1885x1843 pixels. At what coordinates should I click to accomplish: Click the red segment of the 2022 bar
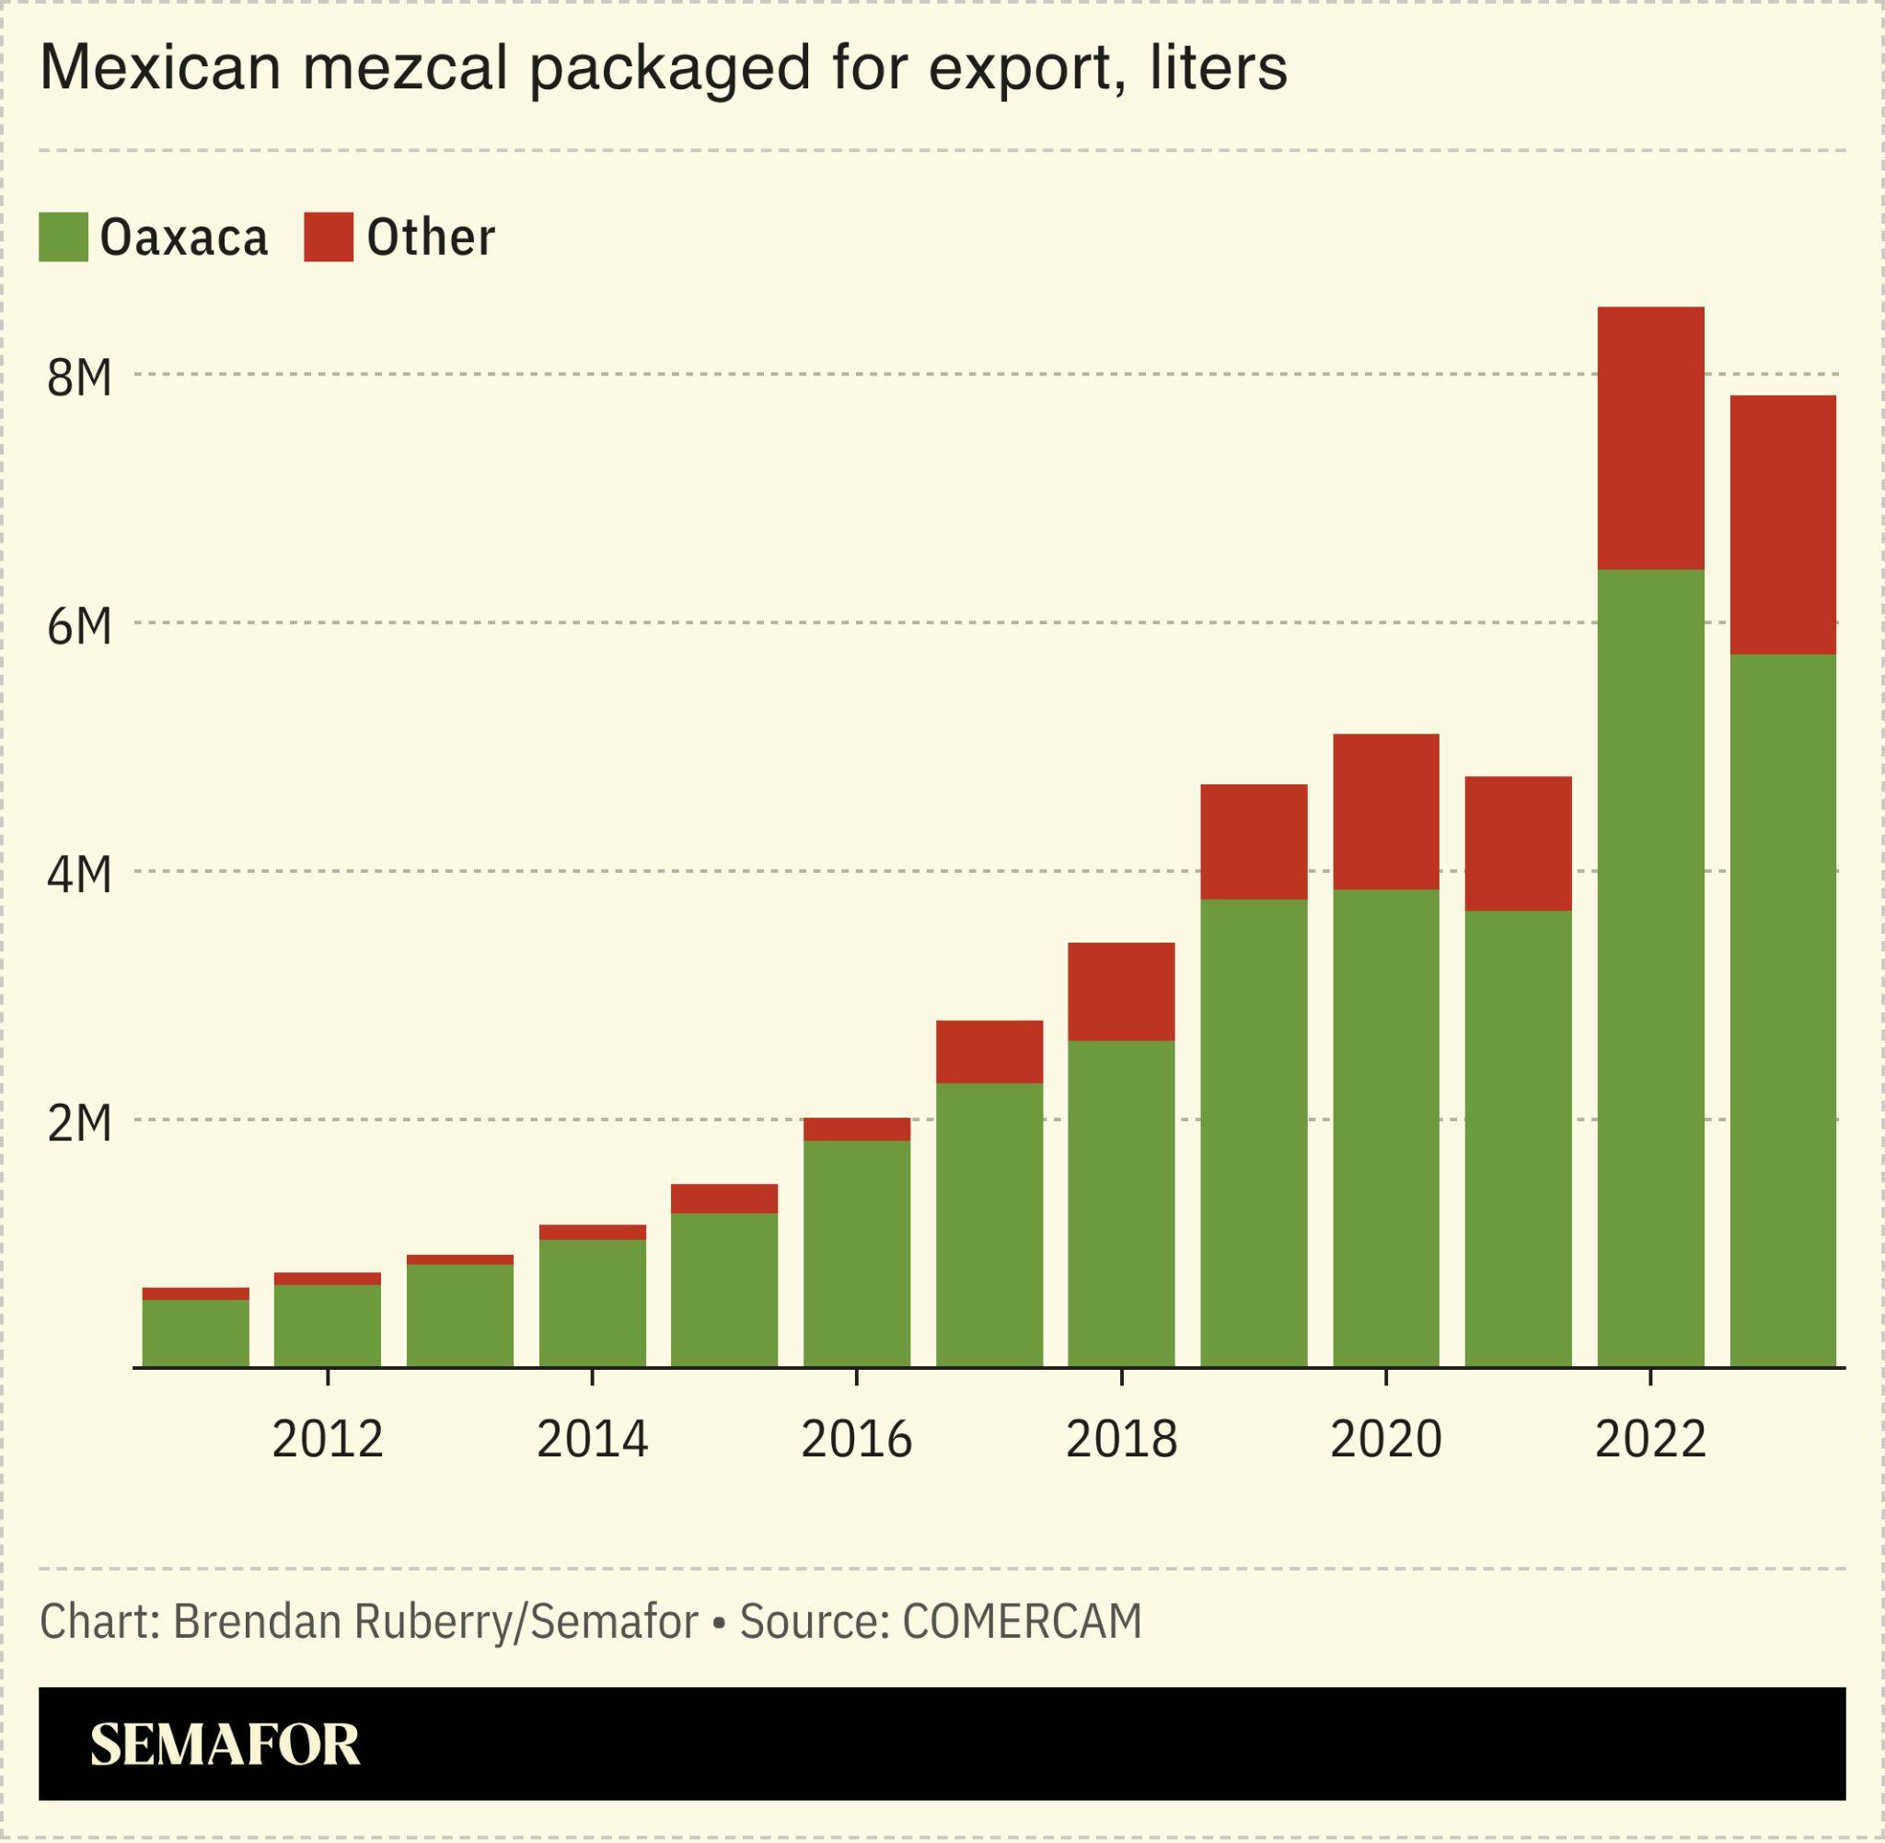click(1650, 437)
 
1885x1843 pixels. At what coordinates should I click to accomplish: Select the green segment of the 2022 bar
click(1650, 968)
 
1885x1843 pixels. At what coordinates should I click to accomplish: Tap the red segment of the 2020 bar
click(1386, 811)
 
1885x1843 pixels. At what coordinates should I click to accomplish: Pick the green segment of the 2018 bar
click(1120, 1203)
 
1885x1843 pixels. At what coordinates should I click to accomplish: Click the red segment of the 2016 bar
click(856, 1129)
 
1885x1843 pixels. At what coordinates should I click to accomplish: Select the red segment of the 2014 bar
click(592, 1233)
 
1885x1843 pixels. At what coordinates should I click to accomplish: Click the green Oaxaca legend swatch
click(63, 238)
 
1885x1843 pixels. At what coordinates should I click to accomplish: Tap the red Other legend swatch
click(328, 238)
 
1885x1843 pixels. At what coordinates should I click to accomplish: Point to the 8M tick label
click(79, 377)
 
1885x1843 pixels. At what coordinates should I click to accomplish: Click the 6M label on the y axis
click(79, 626)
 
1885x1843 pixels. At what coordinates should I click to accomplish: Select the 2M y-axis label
click(79, 1123)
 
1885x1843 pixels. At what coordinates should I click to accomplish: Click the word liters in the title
click(1220, 68)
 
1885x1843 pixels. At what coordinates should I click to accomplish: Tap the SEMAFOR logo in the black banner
click(225, 1744)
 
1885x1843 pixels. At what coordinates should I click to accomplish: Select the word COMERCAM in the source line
click(1022, 1621)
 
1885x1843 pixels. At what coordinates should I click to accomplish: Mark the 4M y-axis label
click(79, 874)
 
